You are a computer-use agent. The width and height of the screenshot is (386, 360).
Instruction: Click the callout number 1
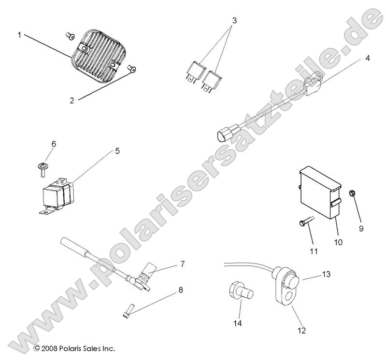(20, 35)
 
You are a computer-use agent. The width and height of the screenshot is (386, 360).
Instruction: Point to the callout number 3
(234, 21)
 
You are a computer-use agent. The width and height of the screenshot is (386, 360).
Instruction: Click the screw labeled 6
(43, 167)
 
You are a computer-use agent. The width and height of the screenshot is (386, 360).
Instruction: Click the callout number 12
(302, 331)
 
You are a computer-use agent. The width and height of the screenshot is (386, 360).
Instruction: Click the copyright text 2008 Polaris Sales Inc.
(74, 347)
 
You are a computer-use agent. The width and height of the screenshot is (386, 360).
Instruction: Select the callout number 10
(338, 242)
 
